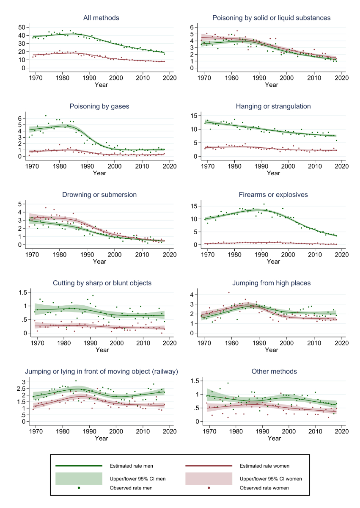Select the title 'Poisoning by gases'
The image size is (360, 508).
[99, 106]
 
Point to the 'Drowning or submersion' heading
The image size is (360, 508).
[99, 194]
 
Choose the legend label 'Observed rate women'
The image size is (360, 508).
[264, 488]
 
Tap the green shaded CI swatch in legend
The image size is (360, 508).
[79, 478]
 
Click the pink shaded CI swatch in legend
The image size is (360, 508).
[209, 478]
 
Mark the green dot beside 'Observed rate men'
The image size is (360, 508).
[79, 488]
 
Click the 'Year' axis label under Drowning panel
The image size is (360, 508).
[99, 262]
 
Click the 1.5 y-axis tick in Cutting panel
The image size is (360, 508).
[22, 292]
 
